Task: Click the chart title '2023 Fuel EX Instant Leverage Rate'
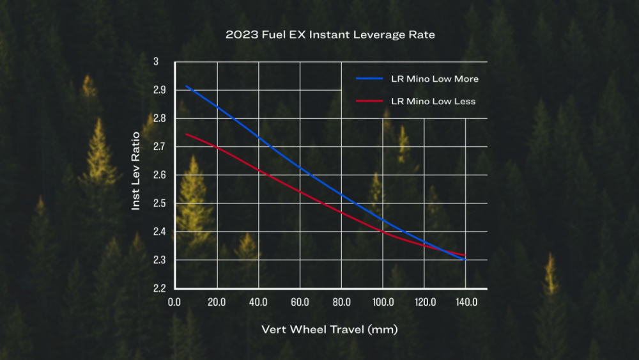click(330, 35)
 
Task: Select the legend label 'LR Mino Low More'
click(435, 79)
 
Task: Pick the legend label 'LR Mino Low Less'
click(433, 101)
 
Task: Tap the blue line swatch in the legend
click(369, 78)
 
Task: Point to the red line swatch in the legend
click(369, 100)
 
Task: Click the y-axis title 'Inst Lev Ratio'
click(135, 171)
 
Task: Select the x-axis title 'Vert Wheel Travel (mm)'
click(329, 329)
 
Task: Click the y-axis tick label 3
click(156, 61)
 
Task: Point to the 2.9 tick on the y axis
click(159, 90)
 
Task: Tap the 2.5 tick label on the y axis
click(159, 203)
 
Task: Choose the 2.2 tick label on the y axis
click(159, 288)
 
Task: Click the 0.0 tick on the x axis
click(174, 302)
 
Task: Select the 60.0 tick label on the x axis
click(300, 302)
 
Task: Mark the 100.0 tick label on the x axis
click(383, 302)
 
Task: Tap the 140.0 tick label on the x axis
click(466, 302)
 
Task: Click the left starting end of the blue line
click(186, 86)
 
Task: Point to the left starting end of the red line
click(186, 134)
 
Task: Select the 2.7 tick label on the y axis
click(159, 146)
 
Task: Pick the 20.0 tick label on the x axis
click(217, 302)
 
